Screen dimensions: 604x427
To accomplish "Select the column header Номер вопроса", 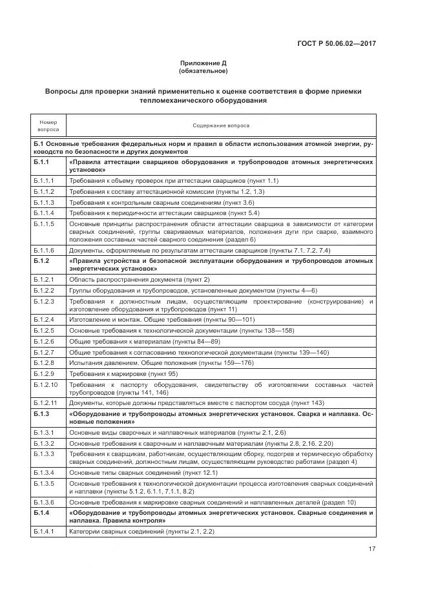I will [48, 125].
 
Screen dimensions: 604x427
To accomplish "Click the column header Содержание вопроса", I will [221, 125].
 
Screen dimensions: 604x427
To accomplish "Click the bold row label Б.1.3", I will [42, 413].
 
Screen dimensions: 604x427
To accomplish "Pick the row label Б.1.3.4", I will [45, 472].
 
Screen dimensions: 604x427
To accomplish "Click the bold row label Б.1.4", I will [42, 512].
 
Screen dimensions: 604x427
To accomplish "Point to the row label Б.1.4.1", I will [45, 531].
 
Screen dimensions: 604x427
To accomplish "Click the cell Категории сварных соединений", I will [141, 531].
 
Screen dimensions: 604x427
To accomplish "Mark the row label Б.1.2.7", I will [45, 352].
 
